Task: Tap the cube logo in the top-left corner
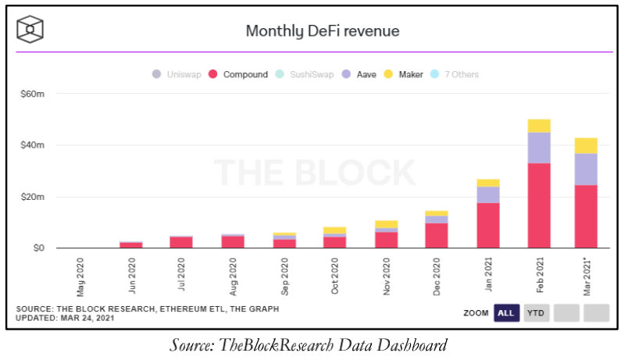pos(30,30)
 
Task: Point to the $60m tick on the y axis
pos(31,94)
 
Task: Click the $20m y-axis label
pos(31,197)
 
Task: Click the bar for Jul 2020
pos(181,242)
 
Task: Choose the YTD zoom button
pos(537,312)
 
